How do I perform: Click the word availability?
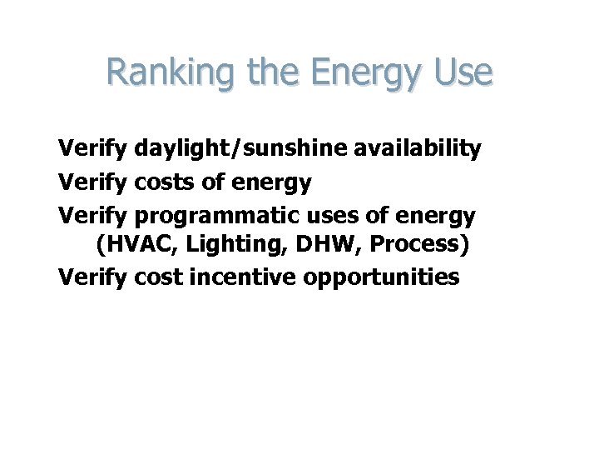pyautogui.click(x=410, y=149)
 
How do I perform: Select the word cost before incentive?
pyautogui.click(x=160, y=277)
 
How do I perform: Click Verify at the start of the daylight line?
pyautogui.click(x=92, y=149)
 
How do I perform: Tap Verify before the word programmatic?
pyautogui.click(x=92, y=217)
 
